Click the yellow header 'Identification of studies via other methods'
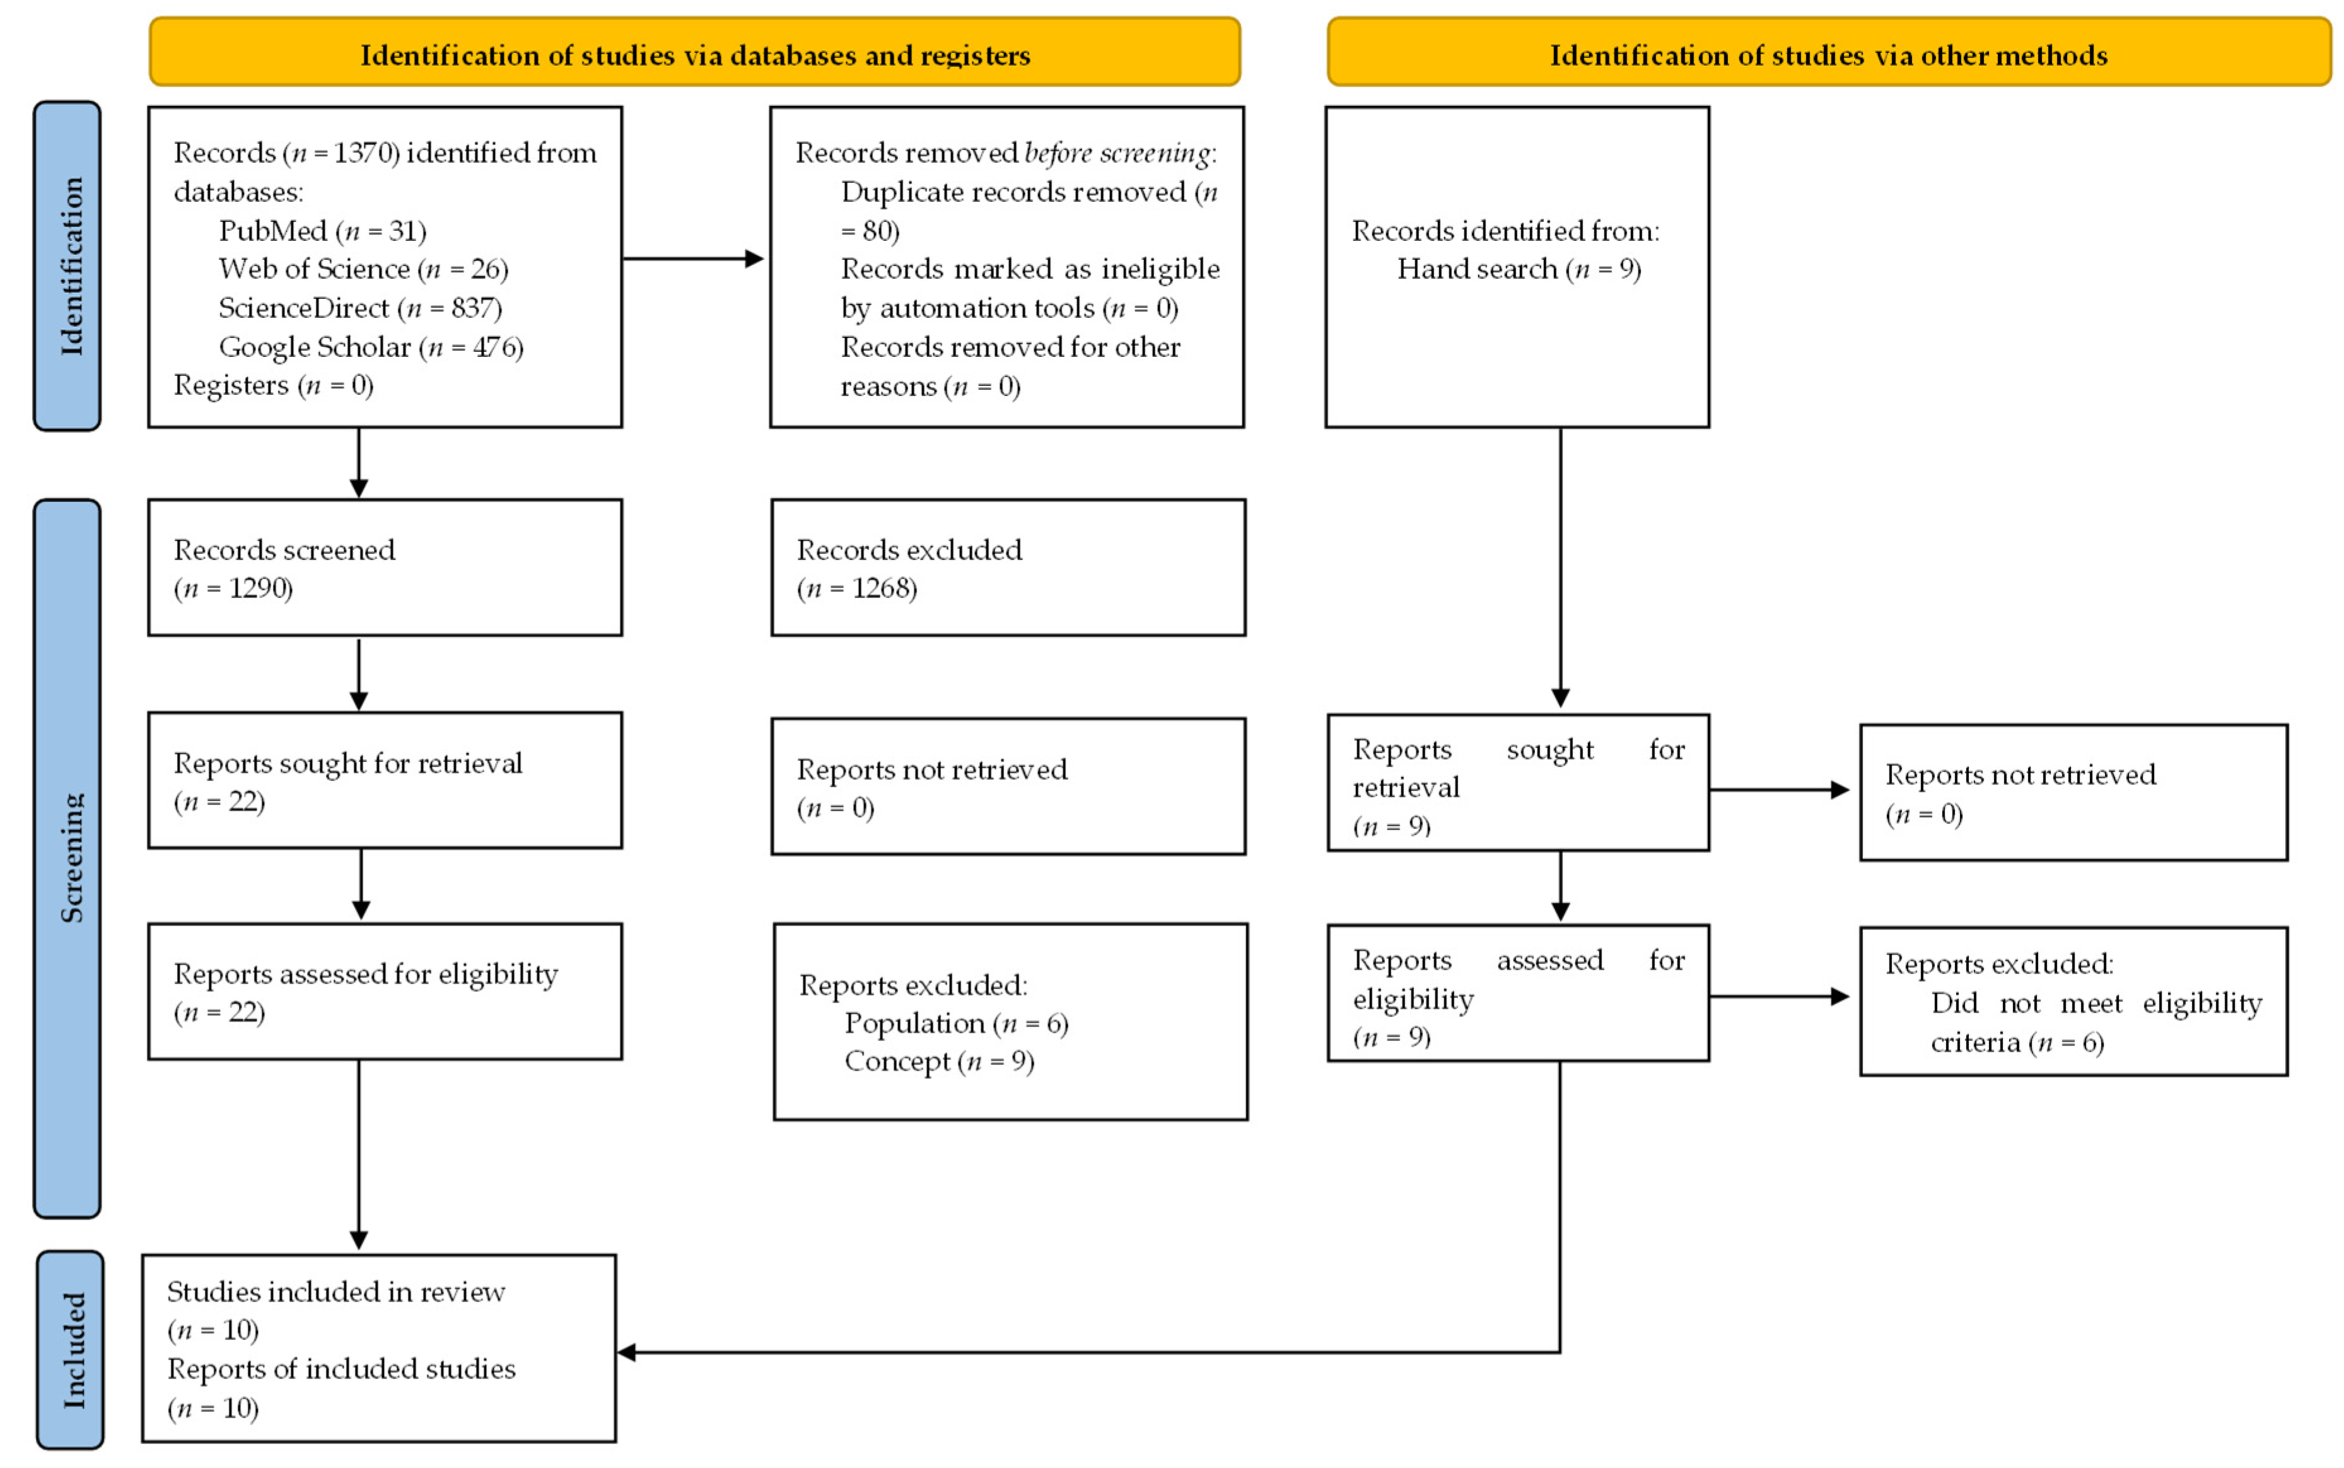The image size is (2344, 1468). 1828,52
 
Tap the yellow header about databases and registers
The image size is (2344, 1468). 694,52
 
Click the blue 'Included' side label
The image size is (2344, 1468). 70,1349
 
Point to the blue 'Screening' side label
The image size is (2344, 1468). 67,858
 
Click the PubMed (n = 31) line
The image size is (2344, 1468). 322,230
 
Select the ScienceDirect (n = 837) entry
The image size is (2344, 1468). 360,308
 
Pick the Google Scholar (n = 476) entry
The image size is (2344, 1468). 371,347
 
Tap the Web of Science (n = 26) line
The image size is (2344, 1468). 363,269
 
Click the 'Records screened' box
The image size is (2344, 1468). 385,568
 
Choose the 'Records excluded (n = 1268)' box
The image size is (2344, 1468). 1008,568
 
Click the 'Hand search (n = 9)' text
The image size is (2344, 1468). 1519,269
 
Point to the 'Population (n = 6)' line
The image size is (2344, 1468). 957,1023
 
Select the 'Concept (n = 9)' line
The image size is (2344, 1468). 939,1061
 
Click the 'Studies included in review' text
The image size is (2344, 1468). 336,1291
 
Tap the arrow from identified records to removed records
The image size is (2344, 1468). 693,259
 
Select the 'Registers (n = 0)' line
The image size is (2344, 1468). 274,385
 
